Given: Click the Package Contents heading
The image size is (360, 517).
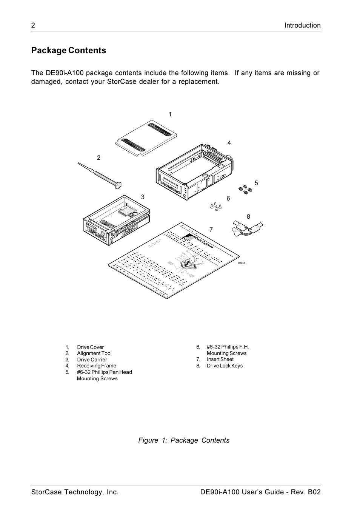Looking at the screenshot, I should tap(69, 51).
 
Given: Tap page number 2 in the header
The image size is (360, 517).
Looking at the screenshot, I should tap(33, 25).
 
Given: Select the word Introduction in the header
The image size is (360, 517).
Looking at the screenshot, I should tap(302, 25).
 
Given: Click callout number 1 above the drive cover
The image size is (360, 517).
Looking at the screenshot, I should tap(170, 114).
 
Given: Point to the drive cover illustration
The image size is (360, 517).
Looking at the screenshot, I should tap(146, 138).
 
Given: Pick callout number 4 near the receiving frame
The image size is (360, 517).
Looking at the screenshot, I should tap(229, 143).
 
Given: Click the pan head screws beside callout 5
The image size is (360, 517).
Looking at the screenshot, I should tap(243, 189).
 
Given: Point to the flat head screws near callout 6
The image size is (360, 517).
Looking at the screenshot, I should tap(215, 207).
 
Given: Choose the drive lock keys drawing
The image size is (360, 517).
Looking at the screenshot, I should tap(246, 228).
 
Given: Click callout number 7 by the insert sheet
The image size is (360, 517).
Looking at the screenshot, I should tap(211, 230).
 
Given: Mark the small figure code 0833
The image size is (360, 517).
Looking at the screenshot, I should tap(242, 263).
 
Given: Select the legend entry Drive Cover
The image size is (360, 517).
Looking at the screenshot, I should tap(90, 347).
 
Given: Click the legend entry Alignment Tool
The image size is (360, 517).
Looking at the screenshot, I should tap(94, 353).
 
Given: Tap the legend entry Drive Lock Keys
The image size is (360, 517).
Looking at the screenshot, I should tap(225, 366).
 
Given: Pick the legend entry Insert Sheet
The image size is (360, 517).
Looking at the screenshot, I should tap(220, 360).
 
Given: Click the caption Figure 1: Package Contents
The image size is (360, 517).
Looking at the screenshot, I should tap(184, 440).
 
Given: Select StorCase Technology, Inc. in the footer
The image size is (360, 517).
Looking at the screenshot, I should tap(75, 492).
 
